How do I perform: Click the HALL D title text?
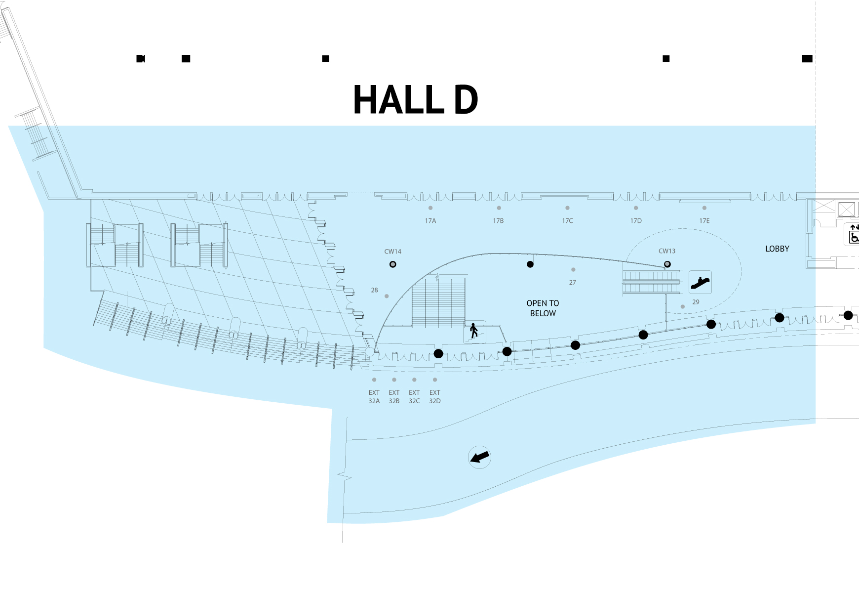416,100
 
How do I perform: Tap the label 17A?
430,221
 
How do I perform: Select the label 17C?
567,221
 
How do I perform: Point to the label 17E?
704,221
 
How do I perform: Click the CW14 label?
393,252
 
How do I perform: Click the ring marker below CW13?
667,264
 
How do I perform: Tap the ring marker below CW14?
393,264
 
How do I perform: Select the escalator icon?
700,283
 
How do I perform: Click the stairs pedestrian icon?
474,331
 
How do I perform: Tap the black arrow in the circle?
479,457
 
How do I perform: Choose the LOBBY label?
777,249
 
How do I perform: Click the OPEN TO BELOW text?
543,308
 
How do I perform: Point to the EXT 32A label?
374,397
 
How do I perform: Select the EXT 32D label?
434,397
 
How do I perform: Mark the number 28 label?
375,290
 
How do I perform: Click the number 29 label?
696,302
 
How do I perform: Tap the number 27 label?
573,283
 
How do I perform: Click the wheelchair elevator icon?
854,234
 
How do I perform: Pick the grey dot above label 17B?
499,208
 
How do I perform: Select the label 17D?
636,221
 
